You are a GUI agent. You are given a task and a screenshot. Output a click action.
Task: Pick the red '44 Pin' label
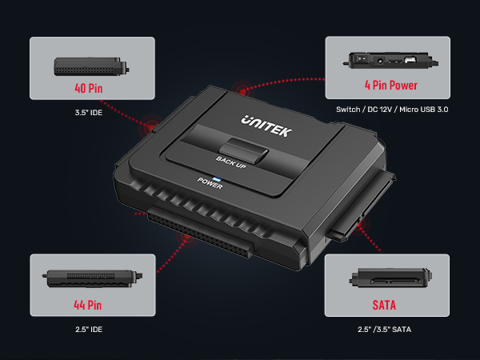[88, 304]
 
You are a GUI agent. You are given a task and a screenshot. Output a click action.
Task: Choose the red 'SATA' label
[384, 305]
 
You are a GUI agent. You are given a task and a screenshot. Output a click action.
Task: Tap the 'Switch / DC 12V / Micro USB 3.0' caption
[387, 109]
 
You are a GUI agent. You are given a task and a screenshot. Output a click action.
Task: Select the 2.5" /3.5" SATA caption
[386, 329]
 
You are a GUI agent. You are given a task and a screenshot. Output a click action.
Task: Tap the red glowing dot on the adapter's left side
[150, 126]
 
